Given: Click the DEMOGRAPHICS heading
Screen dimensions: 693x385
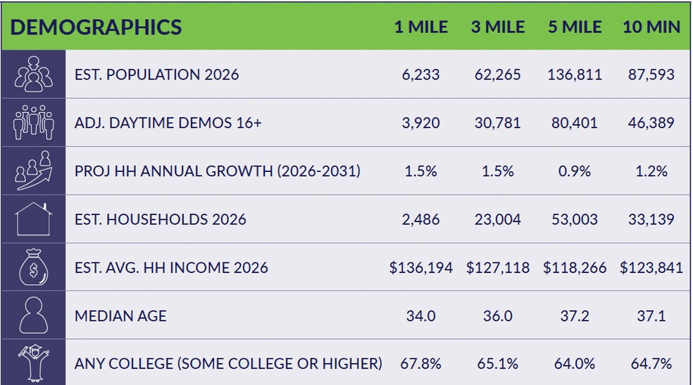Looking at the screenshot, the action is click(x=96, y=27).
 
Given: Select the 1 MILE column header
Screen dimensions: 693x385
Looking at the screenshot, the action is click(x=420, y=27).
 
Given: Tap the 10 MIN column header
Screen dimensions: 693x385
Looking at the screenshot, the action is click(x=651, y=27).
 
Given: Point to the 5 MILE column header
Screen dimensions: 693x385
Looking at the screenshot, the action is click(x=575, y=27).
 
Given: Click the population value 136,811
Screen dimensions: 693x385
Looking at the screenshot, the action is click(x=575, y=74).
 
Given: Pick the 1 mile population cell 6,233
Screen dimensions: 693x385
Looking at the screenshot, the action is click(x=420, y=74).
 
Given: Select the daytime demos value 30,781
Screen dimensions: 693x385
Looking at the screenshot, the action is click(x=498, y=123).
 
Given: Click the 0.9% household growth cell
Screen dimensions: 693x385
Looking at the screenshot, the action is click(x=575, y=171).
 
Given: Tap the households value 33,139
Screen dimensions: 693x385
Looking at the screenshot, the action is click(x=651, y=219).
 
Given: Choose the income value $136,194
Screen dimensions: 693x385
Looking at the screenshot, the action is click(x=420, y=267).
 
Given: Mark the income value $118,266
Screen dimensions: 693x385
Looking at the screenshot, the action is click(x=575, y=267).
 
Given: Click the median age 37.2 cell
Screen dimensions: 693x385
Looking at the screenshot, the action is click(x=575, y=315).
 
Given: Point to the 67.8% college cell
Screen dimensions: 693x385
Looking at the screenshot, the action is click(x=420, y=364).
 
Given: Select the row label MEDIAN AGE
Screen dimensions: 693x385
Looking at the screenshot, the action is click(x=120, y=315).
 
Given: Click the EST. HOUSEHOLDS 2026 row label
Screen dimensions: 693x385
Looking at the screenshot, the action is click(x=160, y=219).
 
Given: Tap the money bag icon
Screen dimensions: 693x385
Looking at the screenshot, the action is click(x=33, y=267).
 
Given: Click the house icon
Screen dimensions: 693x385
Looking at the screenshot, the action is click(x=33, y=219).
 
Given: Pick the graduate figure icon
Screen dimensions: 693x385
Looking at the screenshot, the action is click(x=33, y=363).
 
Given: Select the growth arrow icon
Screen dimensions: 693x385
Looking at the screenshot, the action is click(x=33, y=171).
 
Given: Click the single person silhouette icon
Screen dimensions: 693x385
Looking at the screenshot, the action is click(x=33, y=315).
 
